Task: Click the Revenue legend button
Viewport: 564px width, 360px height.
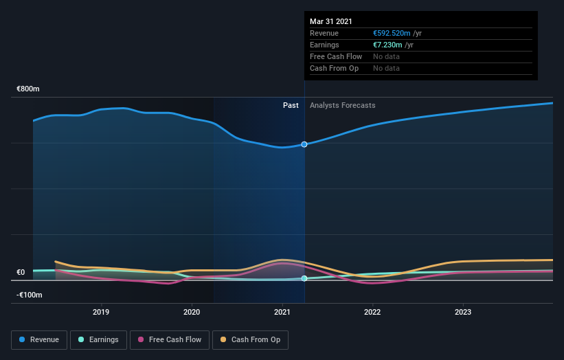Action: (40, 339)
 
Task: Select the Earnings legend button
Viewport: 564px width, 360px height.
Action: (98, 339)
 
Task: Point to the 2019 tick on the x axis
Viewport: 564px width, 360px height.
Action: (102, 311)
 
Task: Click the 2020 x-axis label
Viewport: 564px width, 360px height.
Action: (192, 311)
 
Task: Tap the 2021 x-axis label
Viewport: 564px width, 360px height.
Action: (282, 311)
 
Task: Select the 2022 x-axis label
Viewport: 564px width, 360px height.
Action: (372, 311)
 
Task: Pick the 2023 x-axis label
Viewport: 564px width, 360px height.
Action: (463, 311)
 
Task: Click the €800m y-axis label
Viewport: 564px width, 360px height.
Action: (28, 89)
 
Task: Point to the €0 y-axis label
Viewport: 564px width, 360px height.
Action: (21, 272)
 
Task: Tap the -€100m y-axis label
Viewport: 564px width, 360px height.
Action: (30, 295)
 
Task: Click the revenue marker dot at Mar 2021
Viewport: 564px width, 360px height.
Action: (304, 144)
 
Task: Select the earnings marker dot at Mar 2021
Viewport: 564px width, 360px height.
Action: (304, 278)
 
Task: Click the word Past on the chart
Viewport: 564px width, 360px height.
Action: (291, 105)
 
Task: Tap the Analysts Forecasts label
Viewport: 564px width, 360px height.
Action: (343, 105)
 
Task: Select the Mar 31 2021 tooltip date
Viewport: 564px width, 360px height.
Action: (330, 21)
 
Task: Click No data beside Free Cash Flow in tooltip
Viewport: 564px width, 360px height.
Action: (386, 56)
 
